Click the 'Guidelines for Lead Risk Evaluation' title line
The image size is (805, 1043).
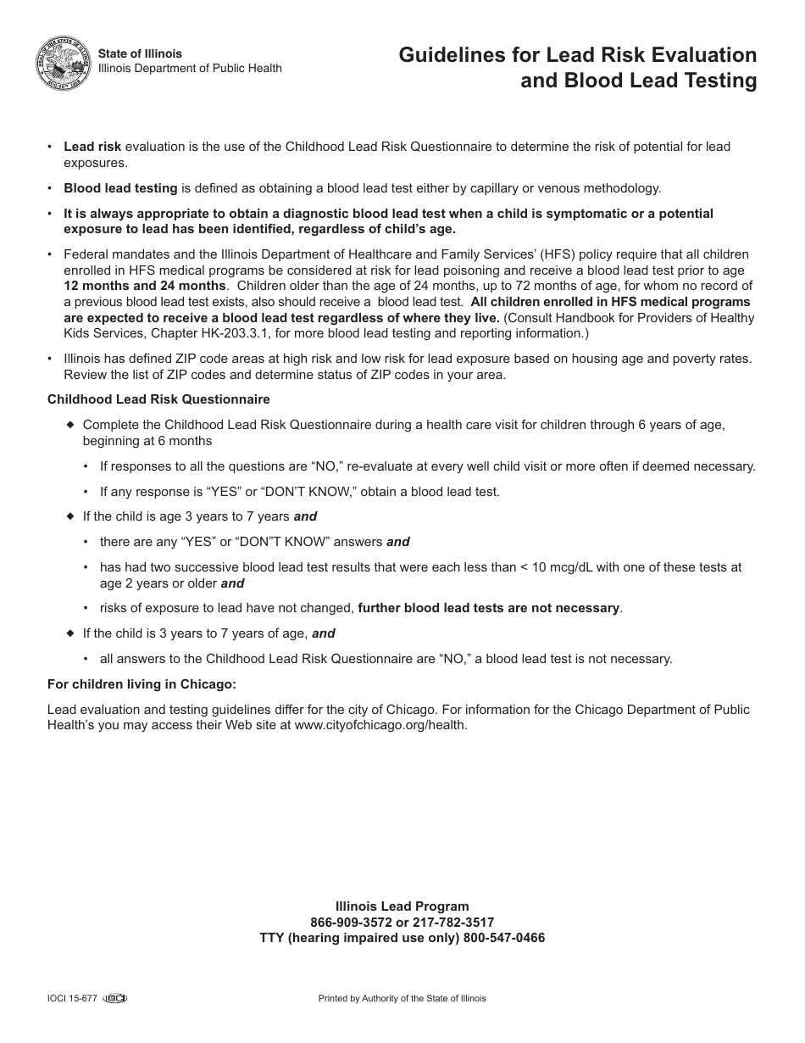578,55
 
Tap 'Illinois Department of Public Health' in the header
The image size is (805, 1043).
191,69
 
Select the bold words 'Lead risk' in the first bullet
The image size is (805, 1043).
92,147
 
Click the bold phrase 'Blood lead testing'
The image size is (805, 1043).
120,188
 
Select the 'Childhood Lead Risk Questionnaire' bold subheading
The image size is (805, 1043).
158,399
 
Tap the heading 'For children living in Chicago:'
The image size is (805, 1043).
142,684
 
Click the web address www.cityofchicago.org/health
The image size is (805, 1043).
380,725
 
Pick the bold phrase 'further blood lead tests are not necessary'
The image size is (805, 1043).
489,608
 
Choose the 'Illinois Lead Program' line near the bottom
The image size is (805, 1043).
402,906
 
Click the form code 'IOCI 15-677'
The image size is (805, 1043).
72,999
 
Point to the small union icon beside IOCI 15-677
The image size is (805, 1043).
114,999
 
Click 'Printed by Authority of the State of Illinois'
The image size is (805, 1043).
402,999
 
